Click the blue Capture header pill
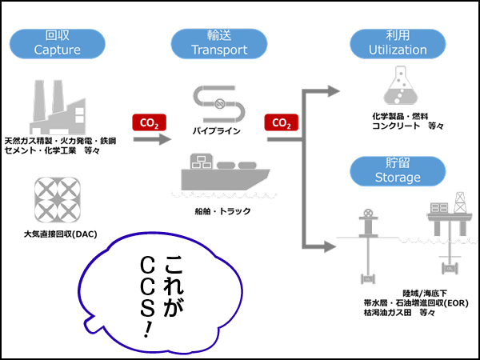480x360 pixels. tap(58, 43)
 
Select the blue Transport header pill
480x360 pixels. tap(219, 43)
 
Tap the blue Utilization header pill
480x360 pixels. tap(398, 43)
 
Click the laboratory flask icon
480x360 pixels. tap(400, 88)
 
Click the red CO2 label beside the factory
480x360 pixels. tap(148, 123)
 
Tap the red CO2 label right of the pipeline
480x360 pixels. tap(281, 123)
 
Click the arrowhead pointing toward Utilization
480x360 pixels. tap(331, 91)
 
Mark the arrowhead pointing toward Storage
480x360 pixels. tap(331, 246)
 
